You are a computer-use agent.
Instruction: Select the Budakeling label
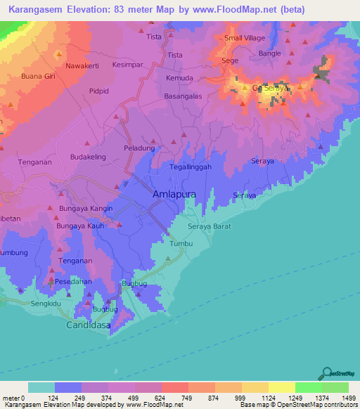point(88,158)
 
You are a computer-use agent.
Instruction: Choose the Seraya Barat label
point(210,227)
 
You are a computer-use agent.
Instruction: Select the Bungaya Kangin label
point(86,209)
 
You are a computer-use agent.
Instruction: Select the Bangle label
point(269,53)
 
